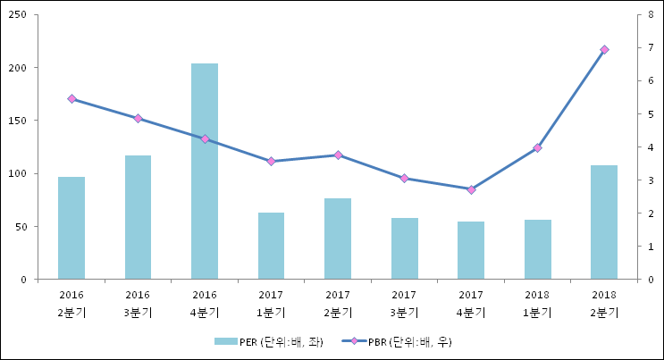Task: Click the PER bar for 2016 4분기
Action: click(205, 172)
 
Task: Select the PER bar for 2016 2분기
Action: click(71, 228)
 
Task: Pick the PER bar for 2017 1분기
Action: click(271, 246)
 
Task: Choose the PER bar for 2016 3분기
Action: click(138, 217)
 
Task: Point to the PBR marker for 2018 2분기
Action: click(604, 49)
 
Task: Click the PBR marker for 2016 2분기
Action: click(71, 98)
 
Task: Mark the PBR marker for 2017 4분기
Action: click(471, 189)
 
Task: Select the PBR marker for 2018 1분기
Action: click(537, 147)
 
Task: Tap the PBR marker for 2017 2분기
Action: click(338, 155)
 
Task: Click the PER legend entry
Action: click(268, 341)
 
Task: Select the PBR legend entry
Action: click(393, 341)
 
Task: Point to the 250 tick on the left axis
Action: click(19, 15)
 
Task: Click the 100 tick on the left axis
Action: click(19, 173)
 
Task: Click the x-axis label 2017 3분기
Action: click(404, 303)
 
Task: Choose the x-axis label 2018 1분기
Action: click(537, 303)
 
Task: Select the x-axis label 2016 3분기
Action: click(138, 303)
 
